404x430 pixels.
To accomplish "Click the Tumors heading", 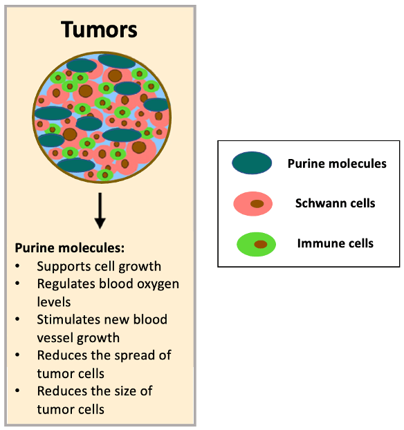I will coord(99,30).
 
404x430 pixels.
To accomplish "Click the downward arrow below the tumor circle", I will coord(100,211).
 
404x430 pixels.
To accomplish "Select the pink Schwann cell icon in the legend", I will coord(255,204).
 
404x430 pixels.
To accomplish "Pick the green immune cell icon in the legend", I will coord(256,244).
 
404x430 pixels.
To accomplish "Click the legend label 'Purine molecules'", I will coord(337,164).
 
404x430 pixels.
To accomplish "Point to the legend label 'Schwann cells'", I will coord(335,203).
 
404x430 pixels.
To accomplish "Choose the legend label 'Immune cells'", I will coord(335,243).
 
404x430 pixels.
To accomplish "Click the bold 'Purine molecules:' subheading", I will coord(69,248).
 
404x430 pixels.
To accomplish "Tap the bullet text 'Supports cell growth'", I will coord(99,266).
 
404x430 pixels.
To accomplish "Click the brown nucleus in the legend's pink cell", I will coord(257,204).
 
